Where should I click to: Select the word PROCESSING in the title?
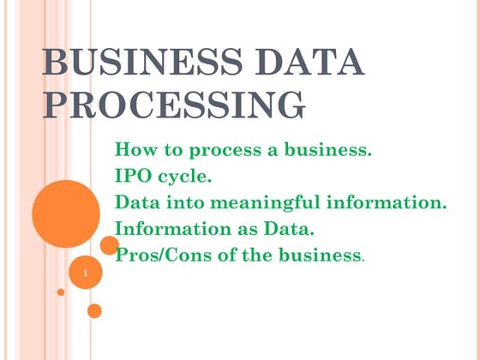tap(174, 105)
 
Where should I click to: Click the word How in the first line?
tap(135, 151)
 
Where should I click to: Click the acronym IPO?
tap(133, 177)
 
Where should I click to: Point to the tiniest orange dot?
tap(61, 291)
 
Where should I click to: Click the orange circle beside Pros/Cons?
tap(109, 246)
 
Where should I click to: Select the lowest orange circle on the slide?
tap(94, 310)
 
